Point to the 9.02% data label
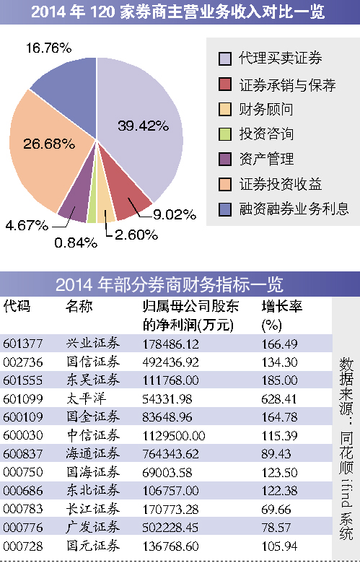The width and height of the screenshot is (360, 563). tap(175, 214)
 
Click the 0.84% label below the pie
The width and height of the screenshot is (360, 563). tap(76, 243)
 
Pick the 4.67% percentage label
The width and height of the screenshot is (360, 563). tap(27, 225)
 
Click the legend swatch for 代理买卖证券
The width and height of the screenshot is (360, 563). tap(225, 59)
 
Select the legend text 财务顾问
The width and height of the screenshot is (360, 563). tap(266, 109)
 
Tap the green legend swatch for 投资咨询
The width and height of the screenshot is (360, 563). tap(225, 134)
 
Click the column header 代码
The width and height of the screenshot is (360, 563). tap(17, 307)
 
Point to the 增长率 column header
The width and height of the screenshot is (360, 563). tap(282, 307)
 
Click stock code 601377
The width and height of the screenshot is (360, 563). tap(23, 344)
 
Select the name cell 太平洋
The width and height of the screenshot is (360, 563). tap(86, 398)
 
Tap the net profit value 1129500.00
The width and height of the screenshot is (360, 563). tap(174, 435)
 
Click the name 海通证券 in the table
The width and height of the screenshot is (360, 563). tap(93, 453)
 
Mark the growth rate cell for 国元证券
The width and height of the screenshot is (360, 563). tap(279, 546)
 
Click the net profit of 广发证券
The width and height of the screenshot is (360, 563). tap(170, 528)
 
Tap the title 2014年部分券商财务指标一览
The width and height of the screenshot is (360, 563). tap(170, 284)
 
